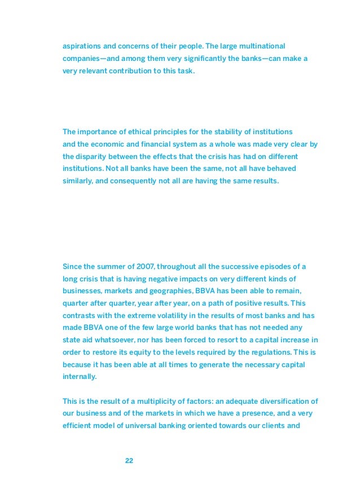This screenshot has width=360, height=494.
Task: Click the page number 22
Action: (x=129, y=461)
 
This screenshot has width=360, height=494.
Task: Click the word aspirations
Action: (x=82, y=45)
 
